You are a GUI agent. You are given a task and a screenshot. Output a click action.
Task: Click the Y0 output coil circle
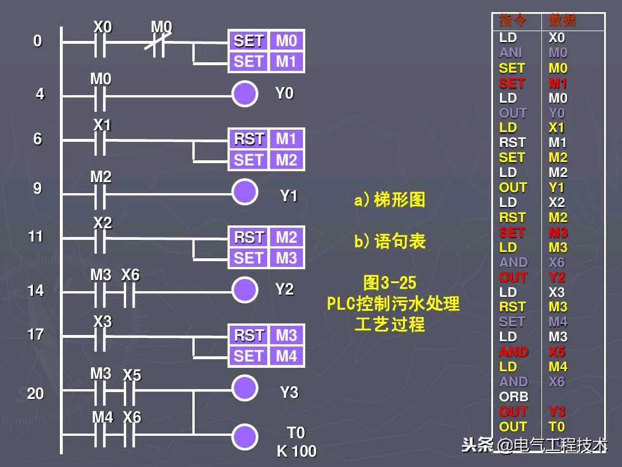pyautogui.click(x=245, y=94)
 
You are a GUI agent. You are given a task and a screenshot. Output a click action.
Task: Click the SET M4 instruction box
pyautogui.click(x=266, y=356)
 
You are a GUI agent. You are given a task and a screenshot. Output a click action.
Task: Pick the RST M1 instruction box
pyautogui.click(x=266, y=139)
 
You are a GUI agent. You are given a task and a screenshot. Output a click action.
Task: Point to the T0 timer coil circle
pyautogui.click(x=245, y=436)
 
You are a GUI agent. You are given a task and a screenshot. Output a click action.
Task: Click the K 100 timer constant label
pyautogui.click(x=297, y=451)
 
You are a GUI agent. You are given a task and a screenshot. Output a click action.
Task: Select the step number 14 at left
pyautogui.click(x=36, y=291)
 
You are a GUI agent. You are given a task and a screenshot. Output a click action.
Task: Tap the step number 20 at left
pyautogui.click(x=36, y=394)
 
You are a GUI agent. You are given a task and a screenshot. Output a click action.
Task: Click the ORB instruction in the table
pyautogui.click(x=513, y=397)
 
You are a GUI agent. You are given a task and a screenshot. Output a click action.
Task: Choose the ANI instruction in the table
pyautogui.click(x=510, y=53)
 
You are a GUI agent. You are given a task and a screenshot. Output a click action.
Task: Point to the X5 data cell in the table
pyautogui.click(x=557, y=352)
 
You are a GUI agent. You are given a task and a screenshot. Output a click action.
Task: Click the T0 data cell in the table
pyautogui.click(x=557, y=427)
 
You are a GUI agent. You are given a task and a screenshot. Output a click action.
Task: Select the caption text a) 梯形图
pyautogui.click(x=390, y=200)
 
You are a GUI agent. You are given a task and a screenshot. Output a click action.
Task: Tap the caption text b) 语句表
pyautogui.click(x=390, y=242)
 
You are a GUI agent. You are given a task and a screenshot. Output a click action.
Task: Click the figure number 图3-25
pyautogui.click(x=390, y=283)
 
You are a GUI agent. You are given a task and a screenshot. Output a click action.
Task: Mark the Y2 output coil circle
pyautogui.click(x=245, y=290)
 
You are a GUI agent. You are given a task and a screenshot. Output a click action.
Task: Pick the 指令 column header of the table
pyautogui.click(x=513, y=21)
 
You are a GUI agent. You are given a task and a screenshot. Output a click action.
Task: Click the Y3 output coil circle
pyautogui.click(x=245, y=387)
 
